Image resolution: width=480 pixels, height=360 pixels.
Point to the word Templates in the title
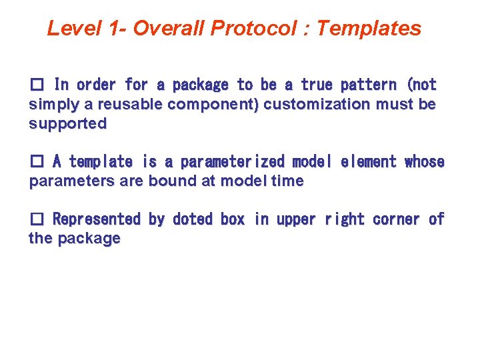click(x=369, y=28)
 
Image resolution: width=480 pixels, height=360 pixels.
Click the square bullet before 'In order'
click(x=37, y=85)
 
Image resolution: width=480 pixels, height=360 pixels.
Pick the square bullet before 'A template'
click(x=37, y=162)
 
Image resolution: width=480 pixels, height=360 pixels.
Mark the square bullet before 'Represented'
click(x=37, y=219)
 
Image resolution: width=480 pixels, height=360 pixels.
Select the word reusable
click(x=107, y=105)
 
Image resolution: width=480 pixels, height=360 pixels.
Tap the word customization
click(x=303, y=105)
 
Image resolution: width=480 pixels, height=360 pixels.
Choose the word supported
click(x=67, y=124)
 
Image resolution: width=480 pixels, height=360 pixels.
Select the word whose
click(x=424, y=162)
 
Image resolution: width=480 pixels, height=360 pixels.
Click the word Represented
click(x=97, y=219)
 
